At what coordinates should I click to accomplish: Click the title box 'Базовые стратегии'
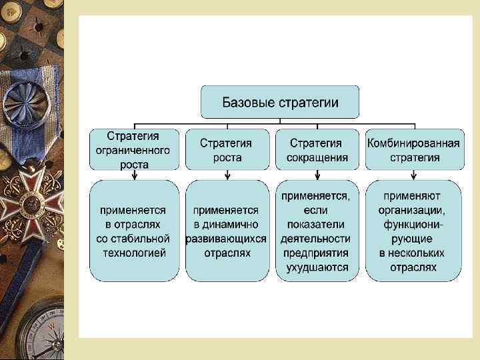[x=280, y=102]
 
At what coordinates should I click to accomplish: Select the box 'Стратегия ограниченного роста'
[x=135, y=150]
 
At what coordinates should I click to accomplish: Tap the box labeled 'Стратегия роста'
[x=227, y=150]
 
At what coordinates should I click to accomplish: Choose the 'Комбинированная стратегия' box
[x=414, y=150]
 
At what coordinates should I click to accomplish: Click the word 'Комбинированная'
[x=414, y=143]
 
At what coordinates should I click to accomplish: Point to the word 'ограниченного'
[x=135, y=150]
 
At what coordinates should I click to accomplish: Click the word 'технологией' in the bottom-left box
[x=135, y=253]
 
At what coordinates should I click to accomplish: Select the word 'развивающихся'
[x=227, y=239]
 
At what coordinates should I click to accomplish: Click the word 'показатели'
[x=317, y=224]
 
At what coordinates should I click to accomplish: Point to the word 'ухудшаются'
[x=317, y=268]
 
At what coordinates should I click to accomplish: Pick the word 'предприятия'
[x=317, y=253]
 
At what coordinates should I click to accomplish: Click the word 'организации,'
[x=414, y=209]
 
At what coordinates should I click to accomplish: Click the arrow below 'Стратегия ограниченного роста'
[x=135, y=175]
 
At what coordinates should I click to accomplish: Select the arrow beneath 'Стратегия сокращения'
[x=317, y=175]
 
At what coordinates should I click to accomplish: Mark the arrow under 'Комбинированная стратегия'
[x=414, y=175]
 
